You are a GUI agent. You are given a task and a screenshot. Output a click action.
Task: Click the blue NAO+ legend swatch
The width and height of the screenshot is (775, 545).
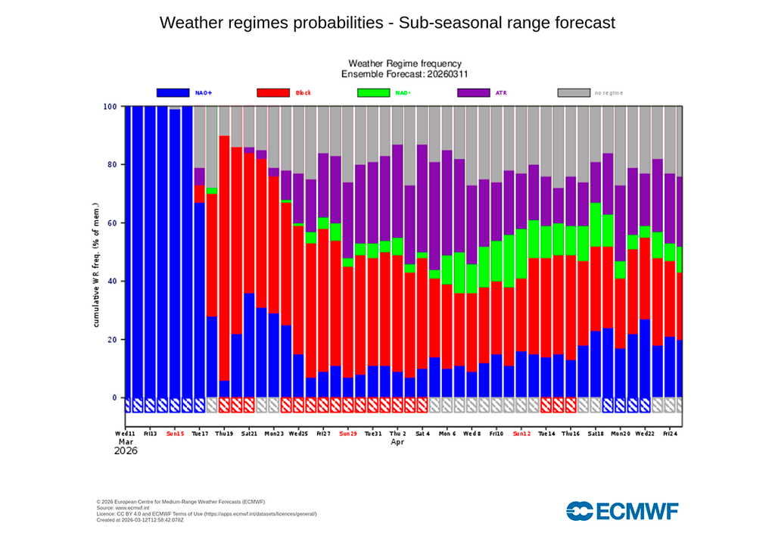click(173, 92)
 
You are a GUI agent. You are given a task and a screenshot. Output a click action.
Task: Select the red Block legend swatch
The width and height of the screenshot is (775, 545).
click(273, 92)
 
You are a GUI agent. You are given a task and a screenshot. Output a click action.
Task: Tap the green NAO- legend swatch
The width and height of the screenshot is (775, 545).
click(373, 92)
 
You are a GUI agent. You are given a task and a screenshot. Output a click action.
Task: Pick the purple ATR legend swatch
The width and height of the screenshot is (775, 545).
click(474, 92)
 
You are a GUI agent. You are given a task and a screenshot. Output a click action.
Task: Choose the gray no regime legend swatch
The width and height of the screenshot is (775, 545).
click(574, 92)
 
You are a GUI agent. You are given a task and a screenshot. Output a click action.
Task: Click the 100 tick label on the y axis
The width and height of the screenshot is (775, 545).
click(109, 107)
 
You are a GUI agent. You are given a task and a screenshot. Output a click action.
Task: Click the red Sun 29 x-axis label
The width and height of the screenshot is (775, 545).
click(348, 434)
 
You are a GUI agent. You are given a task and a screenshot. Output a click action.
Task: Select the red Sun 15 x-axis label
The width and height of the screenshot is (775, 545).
click(174, 434)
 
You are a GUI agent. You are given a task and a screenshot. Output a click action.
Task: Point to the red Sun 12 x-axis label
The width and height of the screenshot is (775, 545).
click(521, 434)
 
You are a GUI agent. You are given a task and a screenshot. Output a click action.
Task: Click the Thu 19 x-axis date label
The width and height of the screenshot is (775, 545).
click(224, 434)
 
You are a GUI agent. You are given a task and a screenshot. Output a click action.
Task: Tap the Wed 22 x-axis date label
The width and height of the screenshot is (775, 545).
click(645, 434)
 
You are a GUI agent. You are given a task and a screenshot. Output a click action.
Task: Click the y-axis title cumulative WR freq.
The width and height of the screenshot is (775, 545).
click(97, 265)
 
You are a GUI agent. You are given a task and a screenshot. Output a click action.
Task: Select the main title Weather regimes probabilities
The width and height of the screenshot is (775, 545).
click(387, 23)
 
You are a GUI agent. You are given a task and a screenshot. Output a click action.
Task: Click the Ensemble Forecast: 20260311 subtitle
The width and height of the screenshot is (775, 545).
click(404, 74)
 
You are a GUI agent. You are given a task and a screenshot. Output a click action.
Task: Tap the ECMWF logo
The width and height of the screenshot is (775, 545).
click(622, 512)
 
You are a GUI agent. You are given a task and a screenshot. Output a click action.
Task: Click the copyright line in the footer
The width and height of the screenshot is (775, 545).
click(181, 501)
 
